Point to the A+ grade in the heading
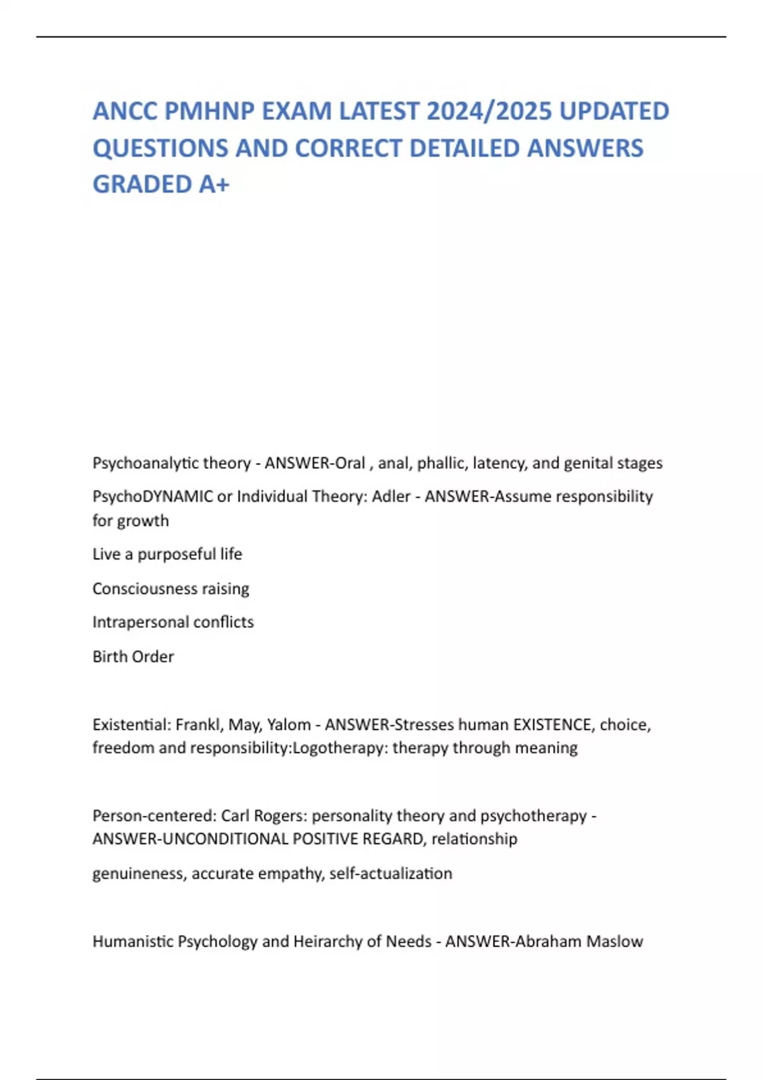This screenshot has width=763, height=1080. [x=214, y=184]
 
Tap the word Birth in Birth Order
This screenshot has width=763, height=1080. [x=107, y=656]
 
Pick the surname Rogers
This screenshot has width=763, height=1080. [x=280, y=816]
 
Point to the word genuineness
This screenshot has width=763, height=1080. [x=139, y=874]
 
